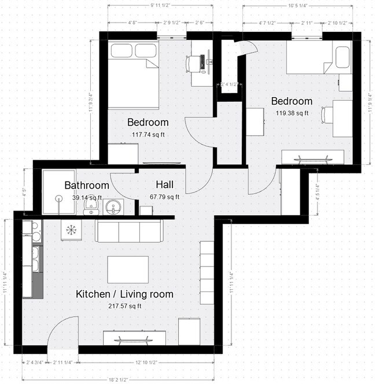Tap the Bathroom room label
click(x=87, y=186)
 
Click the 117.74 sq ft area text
click(x=148, y=135)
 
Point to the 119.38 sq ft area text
click(x=293, y=113)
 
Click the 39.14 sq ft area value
click(x=87, y=197)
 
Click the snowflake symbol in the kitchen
click(x=71, y=230)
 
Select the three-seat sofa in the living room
click(x=129, y=231)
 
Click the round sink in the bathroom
click(x=113, y=206)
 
